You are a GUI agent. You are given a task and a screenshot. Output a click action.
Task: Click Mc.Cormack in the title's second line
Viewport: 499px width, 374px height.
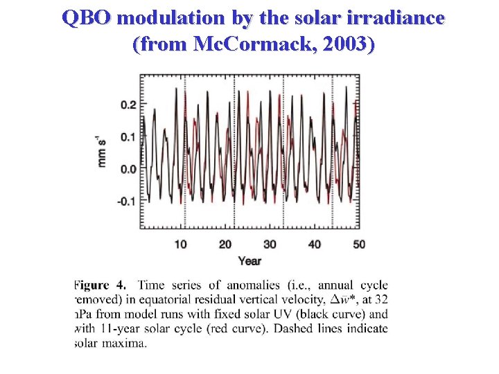251,44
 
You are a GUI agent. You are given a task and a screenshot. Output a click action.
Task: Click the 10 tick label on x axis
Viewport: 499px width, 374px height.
180,244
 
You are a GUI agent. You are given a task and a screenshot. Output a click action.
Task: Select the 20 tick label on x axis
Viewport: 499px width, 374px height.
225,244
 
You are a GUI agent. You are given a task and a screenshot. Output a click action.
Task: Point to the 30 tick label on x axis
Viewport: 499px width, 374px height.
270,244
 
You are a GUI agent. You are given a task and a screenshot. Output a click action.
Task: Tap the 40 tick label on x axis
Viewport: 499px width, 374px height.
314,244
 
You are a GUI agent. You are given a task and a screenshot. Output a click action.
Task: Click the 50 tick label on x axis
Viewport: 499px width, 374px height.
358,244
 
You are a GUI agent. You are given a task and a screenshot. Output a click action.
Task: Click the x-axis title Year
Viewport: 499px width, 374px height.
249,261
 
